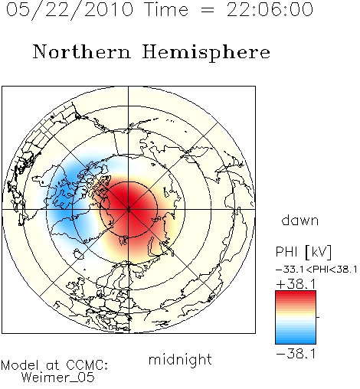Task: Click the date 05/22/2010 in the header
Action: click(x=70, y=10)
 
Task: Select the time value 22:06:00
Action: click(x=270, y=9)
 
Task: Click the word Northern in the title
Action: click(x=82, y=52)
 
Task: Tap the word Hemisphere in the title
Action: click(x=206, y=53)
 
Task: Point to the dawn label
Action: click(x=300, y=220)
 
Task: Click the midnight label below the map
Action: click(x=180, y=360)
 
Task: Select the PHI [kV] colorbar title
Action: click(x=303, y=252)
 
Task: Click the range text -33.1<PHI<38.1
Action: click(x=316, y=270)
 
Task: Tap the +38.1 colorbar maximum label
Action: click(x=296, y=284)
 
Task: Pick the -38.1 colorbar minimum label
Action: click(x=296, y=354)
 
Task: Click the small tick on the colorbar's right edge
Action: click(x=318, y=317)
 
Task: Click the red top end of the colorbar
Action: click(x=296, y=293)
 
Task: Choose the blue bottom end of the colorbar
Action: click(x=296, y=342)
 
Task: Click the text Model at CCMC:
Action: click(x=54, y=365)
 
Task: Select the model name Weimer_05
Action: click(x=58, y=378)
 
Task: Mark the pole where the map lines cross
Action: click(x=129, y=210)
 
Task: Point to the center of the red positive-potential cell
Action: click(x=129, y=204)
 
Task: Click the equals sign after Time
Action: click(x=208, y=10)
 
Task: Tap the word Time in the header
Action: click(x=166, y=10)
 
